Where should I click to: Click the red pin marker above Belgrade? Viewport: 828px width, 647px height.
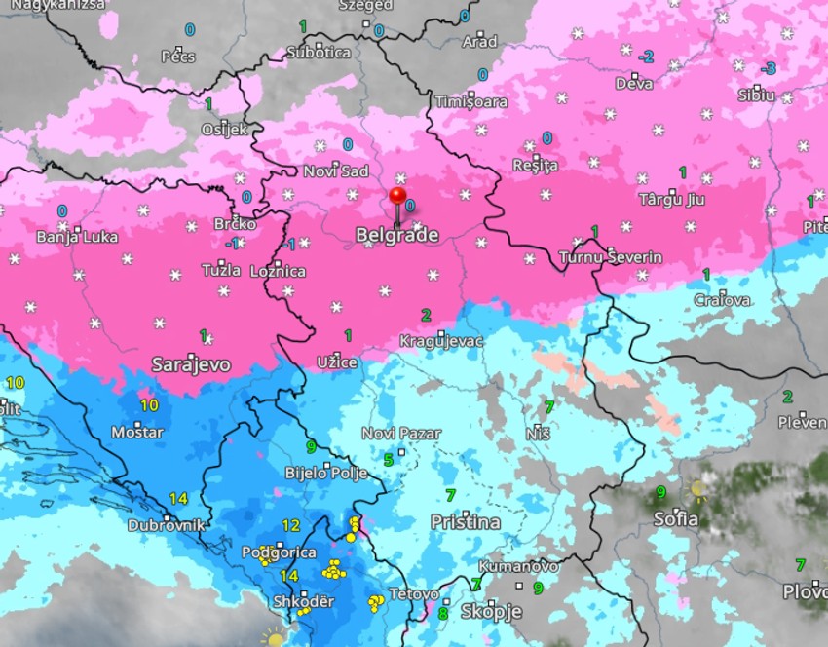click(x=397, y=197)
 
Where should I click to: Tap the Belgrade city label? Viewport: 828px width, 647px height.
click(x=396, y=235)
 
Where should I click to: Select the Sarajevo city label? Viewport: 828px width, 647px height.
click(x=191, y=364)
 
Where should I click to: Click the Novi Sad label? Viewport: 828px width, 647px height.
click(x=336, y=171)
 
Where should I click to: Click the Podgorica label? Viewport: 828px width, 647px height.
click(x=279, y=552)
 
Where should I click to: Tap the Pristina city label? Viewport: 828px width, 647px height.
click(x=466, y=522)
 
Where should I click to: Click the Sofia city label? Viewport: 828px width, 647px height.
click(x=675, y=518)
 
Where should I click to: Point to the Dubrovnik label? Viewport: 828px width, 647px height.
click(x=168, y=525)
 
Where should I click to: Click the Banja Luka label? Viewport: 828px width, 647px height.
click(x=77, y=236)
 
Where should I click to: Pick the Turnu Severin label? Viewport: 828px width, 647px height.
click(x=611, y=257)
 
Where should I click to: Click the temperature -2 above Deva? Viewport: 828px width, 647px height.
click(x=645, y=57)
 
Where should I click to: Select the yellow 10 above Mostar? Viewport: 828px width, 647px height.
click(x=149, y=404)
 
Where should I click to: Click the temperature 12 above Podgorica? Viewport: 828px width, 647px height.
click(x=290, y=525)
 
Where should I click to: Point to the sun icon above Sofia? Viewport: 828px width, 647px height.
click(x=697, y=488)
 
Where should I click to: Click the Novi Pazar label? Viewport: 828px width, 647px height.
click(x=401, y=434)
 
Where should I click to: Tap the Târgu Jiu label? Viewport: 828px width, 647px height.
click(x=671, y=200)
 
